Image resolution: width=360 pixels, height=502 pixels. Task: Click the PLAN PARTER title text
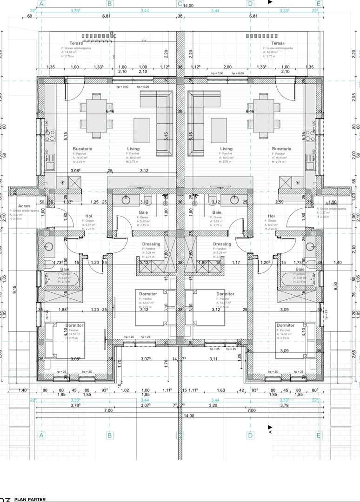[x=30, y=499]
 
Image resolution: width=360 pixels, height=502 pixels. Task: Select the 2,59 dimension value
[x=279, y=202]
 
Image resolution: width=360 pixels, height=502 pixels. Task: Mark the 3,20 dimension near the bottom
[x=213, y=405]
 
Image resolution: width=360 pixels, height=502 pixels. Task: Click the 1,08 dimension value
[x=239, y=356]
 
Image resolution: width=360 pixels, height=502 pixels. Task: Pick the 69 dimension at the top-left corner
[x=30, y=16]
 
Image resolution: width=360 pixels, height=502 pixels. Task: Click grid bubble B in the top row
[x=110, y=4]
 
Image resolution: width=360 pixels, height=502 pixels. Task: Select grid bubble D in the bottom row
[x=250, y=436]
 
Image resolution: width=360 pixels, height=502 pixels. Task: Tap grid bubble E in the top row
[x=319, y=4]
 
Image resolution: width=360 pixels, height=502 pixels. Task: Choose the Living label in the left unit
[x=133, y=149]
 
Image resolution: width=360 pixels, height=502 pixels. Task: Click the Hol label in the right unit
[x=271, y=216]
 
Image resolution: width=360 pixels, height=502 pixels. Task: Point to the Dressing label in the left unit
[x=151, y=244]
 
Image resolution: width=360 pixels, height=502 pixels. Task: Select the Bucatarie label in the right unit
[x=281, y=149]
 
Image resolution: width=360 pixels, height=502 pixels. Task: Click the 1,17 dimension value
[x=236, y=263]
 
